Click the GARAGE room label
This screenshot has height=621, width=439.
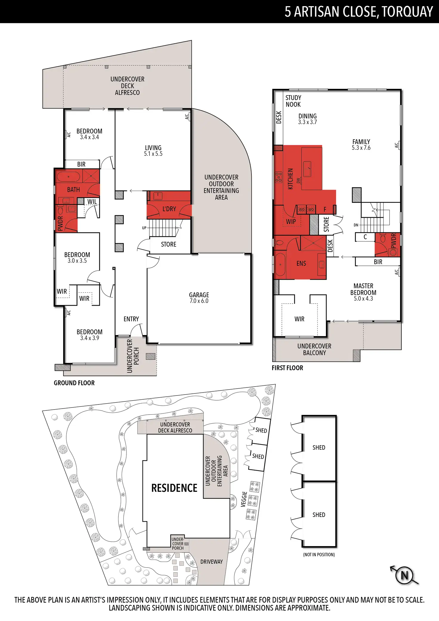click(199, 295)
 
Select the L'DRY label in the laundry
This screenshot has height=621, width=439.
click(169, 209)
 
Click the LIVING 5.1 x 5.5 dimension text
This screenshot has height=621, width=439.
click(153, 154)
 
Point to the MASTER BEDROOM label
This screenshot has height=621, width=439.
click(363, 289)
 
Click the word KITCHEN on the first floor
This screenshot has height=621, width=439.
click(290, 179)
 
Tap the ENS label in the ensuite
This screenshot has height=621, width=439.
click(301, 263)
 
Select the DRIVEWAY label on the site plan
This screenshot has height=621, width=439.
click(211, 562)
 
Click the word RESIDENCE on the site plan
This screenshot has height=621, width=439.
click(174, 488)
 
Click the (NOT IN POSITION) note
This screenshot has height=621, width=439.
click(319, 554)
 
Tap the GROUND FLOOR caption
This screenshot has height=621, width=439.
click(74, 383)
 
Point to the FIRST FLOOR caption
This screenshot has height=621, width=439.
click(287, 368)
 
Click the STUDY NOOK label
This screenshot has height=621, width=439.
click(293, 101)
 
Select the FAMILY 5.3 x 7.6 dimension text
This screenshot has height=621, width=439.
click(361, 148)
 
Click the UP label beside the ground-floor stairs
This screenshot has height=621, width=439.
click(144, 228)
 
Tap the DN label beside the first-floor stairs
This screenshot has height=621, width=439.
click(356, 225)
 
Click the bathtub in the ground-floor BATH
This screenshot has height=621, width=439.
click(68, 177)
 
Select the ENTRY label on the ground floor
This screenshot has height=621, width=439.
click(131, 319)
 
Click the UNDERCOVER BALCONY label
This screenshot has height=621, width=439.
click(314, 349)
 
